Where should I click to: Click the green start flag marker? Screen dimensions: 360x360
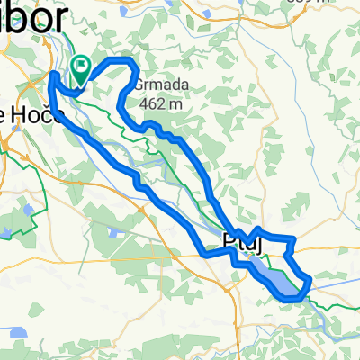tap(80, 66)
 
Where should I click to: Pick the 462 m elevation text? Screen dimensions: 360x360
tap(162, 103)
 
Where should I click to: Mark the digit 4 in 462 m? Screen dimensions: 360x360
tap(145, 103)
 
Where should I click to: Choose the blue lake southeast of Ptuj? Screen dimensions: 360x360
tap(274, 275)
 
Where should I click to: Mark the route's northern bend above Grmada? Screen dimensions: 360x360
tap(121, 60)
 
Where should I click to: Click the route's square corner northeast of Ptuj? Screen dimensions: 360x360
tap(293, 238)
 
